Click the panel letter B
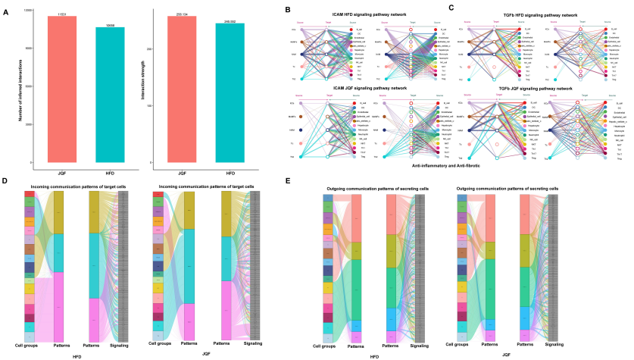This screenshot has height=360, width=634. [x=286, y=9]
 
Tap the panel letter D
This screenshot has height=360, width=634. [x=6, y=181]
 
